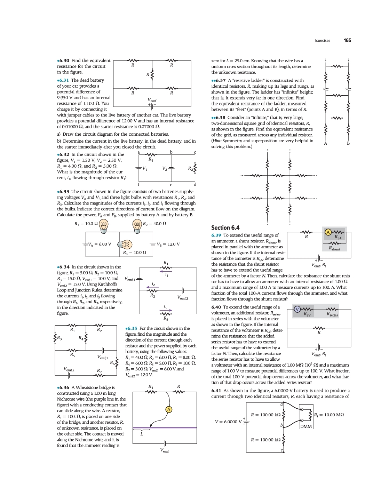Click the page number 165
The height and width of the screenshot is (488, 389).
[347, 40]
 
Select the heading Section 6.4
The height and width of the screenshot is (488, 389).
[225, 228]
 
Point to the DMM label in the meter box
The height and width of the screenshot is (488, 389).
[306, 426]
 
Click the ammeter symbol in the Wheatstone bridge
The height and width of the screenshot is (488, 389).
[169, 409]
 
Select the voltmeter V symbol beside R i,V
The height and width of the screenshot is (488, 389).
[297, 309]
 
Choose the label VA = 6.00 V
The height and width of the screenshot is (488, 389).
[100, 244]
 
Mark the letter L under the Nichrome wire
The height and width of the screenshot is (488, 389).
[142, 434]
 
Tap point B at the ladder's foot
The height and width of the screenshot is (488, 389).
[348, 143]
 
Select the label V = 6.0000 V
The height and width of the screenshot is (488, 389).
[228, 422]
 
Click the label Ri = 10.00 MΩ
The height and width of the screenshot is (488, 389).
[329, 415]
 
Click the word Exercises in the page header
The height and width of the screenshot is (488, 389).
[323, 41]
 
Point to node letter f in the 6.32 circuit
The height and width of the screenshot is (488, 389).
[139, 184]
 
